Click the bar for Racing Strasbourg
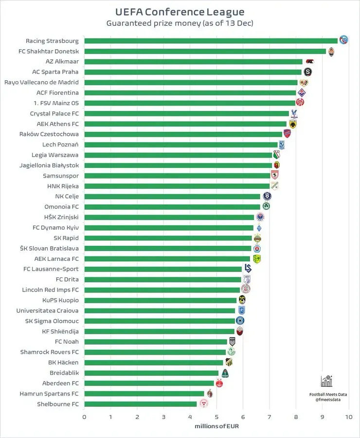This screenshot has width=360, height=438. click(211, 41)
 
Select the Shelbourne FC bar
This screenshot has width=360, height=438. click(141, 404)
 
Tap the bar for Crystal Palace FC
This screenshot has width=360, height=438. click(186, 113)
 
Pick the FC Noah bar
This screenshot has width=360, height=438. click(156, 342)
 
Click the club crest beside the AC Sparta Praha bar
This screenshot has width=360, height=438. click(307, 72)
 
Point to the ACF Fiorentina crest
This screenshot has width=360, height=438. click(302, 92)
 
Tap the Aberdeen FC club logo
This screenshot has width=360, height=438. click(219, 383)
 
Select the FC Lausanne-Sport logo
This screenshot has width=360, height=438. click(248, 269)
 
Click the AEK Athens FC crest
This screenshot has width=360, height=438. click(293, 124)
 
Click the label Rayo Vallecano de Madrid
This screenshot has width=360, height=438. click(42, 82)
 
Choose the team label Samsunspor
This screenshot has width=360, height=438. click(61, 176)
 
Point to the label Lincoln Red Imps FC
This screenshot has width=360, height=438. click(51, 290)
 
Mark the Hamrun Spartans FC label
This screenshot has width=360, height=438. click(49, 394)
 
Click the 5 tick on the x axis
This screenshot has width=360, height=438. click(216, 417)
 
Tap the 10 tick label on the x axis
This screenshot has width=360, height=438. click(349, 417)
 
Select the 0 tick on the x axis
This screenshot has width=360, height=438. click(84, 417)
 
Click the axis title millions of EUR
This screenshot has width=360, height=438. click(216, 426)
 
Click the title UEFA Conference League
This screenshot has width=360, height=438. click(180, 12)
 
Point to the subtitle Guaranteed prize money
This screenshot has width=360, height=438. click(154, 23)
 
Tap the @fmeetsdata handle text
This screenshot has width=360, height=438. click(328, 400)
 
